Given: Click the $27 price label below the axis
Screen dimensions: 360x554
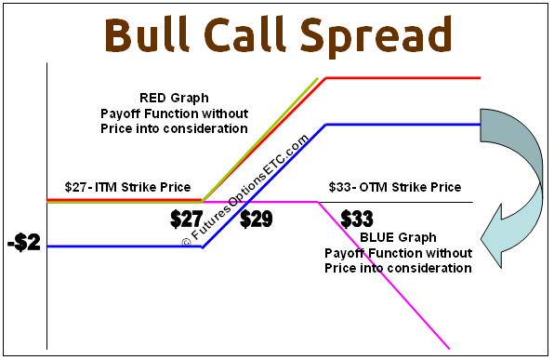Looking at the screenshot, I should (x=187, y=220).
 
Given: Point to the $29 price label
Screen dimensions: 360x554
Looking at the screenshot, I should (x=256, y=220).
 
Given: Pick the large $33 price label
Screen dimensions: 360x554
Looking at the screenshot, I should (x=356, y=220).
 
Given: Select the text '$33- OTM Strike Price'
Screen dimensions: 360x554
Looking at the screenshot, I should (x=394, y=187).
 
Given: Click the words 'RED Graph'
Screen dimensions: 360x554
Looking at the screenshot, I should (x=174, y=97).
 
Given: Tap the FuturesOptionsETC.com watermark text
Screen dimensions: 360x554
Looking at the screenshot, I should (x=246, y=191).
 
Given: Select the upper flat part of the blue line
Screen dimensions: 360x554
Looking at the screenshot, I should (x=400, y=124).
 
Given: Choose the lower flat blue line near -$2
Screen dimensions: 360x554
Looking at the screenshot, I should (x=121, y=247).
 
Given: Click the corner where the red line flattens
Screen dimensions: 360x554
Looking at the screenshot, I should (x=324, y=78).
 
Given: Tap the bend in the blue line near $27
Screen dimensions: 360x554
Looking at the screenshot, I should (x=202, y=247).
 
